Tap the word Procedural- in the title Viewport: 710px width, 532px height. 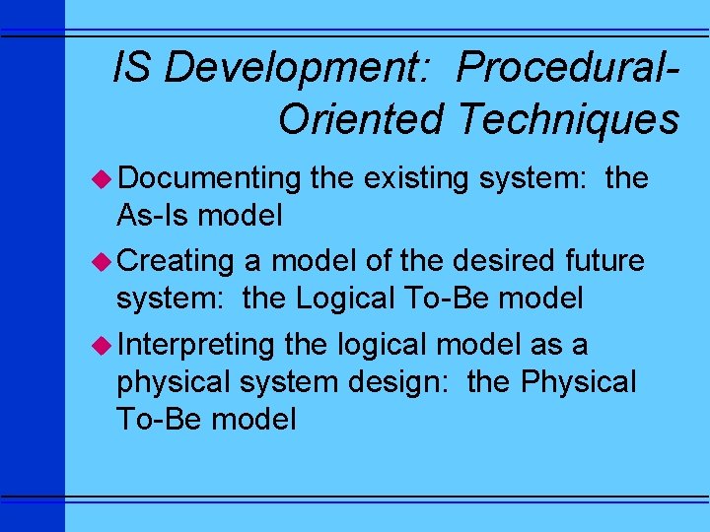[x=569, y=69]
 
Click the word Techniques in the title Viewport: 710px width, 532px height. [x=568, y=119]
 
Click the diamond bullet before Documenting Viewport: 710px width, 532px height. [x=106, y=178]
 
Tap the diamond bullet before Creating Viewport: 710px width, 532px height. [x=106, y=261]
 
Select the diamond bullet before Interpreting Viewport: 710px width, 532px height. [x=106, y=345]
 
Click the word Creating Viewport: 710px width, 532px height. [x=175, y=262]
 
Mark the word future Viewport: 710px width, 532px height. [x=603, y=262]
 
